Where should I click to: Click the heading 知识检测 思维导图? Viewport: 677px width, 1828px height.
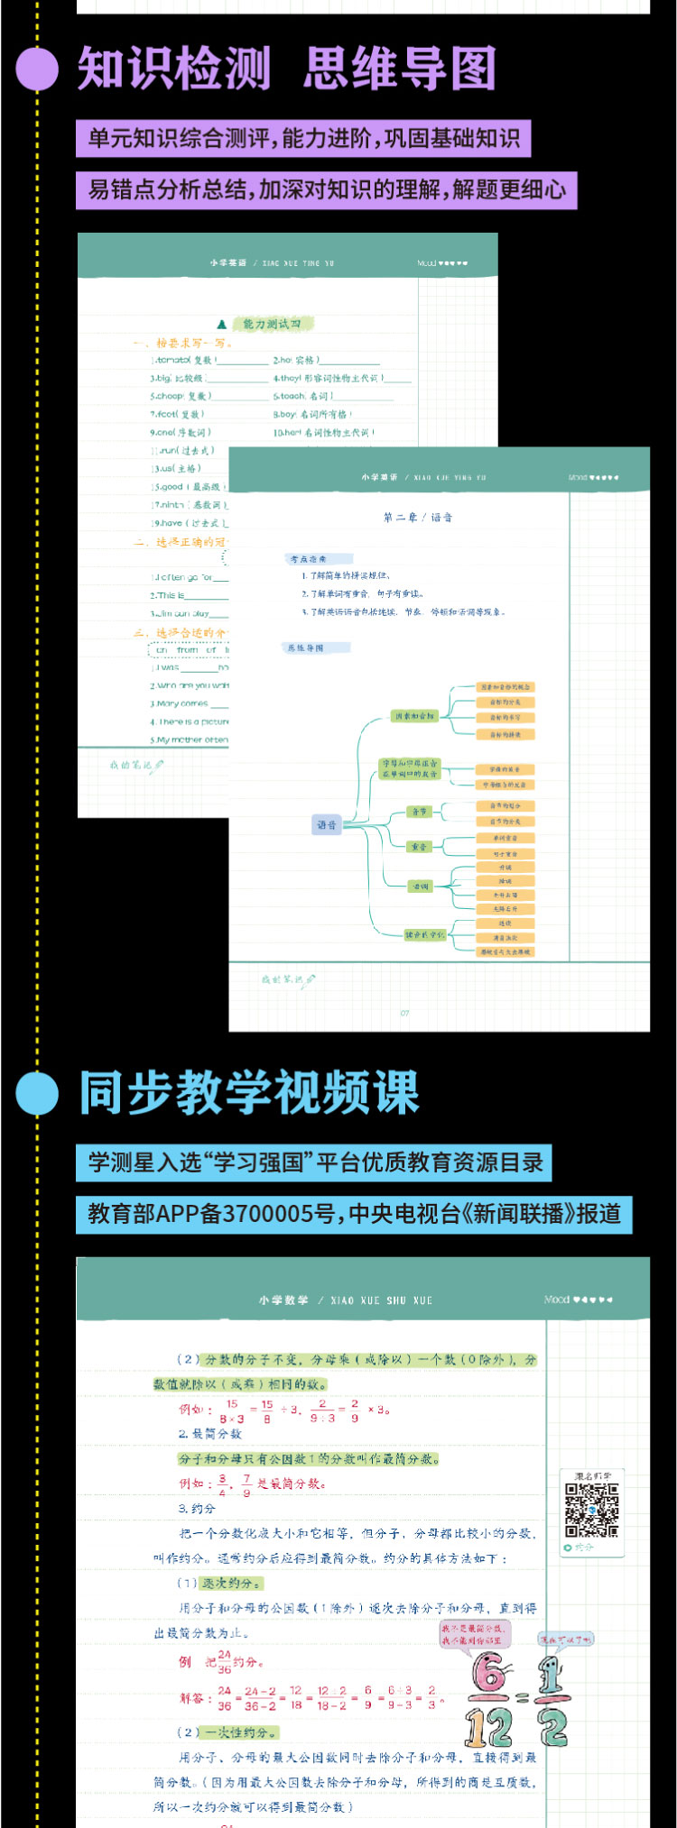[286, 69]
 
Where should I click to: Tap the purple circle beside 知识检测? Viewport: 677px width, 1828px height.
[37, 69]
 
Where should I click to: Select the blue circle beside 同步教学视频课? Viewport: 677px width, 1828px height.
[37, 1094]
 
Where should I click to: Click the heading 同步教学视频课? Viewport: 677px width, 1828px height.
[250, 1093]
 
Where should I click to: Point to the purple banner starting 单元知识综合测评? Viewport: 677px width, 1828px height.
[303, 139]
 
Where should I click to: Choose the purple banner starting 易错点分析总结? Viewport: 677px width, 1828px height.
[326, 190]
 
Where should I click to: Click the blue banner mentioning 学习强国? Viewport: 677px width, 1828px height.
[313, 1162]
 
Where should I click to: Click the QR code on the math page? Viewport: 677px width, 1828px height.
[591, 1510]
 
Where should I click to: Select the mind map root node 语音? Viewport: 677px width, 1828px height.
[327, 824]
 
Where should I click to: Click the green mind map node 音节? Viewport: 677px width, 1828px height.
[420, 812]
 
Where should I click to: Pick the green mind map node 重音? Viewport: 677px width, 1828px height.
[420, 847]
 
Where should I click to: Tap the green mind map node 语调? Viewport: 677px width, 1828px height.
[421, 886]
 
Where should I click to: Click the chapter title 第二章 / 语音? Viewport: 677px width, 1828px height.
[418, 518]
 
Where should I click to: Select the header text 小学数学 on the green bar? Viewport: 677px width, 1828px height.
[283, 1300]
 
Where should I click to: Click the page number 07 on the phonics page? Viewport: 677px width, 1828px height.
[404, 1013]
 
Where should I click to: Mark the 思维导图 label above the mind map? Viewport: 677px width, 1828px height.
[305, 648]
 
